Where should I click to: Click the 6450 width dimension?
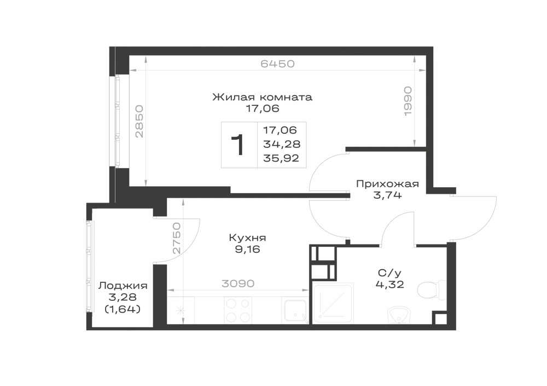tap(278, 64)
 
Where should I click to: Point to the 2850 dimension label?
tap(139, 121)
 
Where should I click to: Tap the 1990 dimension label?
tap(408, 101)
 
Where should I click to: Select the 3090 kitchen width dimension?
tap(238, 284)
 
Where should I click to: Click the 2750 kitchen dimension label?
tap(177, 238)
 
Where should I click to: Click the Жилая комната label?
tap(263, 97)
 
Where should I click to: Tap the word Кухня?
tap(247, 238)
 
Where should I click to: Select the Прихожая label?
tap(387, 184)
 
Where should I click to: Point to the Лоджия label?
tap(123, 286)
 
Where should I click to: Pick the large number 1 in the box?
tap(238, 145)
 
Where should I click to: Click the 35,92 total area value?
tap(281, 158)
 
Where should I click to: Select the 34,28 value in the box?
tap(282, 144)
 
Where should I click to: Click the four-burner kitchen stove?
tap(238, 310)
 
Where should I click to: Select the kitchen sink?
tap(295, 311)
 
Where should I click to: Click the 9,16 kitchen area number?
tap(247, 250)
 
